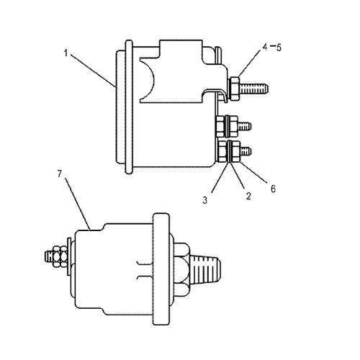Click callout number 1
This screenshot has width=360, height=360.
[66, 53]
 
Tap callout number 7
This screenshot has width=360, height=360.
[60, 174]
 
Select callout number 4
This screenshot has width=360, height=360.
[265, 47]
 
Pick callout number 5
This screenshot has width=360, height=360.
[279, 48]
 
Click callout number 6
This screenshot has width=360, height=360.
[273, 189]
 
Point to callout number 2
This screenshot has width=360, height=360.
[248, 196]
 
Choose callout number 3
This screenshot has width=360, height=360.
[204, 200]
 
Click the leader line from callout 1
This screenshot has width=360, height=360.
[92, 71]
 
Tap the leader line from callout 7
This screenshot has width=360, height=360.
[78, 204]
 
